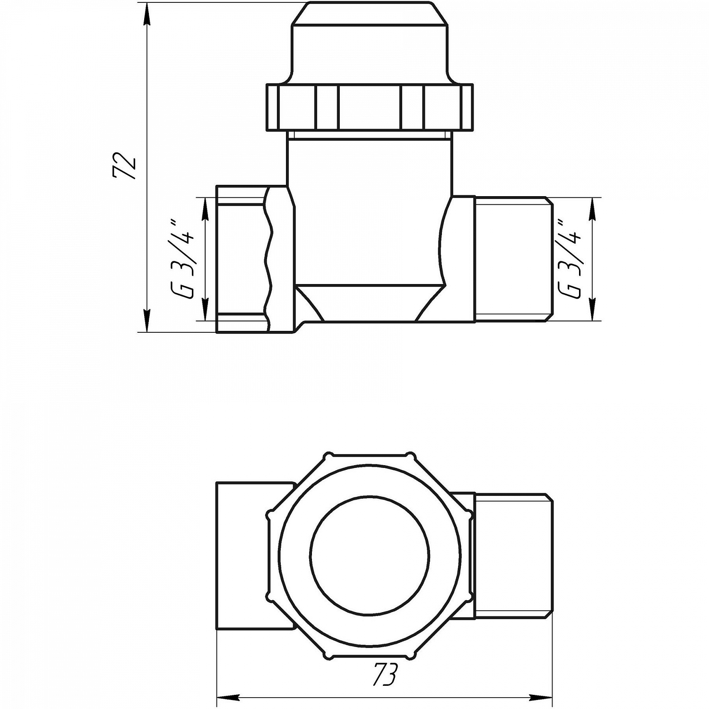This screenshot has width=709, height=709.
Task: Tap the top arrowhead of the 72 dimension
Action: [147, 12]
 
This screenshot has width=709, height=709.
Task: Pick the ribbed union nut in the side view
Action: [369, 107]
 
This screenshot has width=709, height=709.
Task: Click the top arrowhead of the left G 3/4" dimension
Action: [205, 208]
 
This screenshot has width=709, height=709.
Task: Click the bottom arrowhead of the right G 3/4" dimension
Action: [592, 310]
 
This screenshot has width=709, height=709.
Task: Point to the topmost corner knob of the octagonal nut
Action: [329, 456]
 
